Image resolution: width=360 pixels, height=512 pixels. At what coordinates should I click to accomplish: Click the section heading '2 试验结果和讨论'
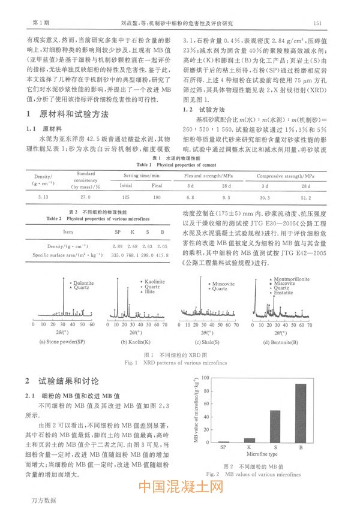pos(67,381)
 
